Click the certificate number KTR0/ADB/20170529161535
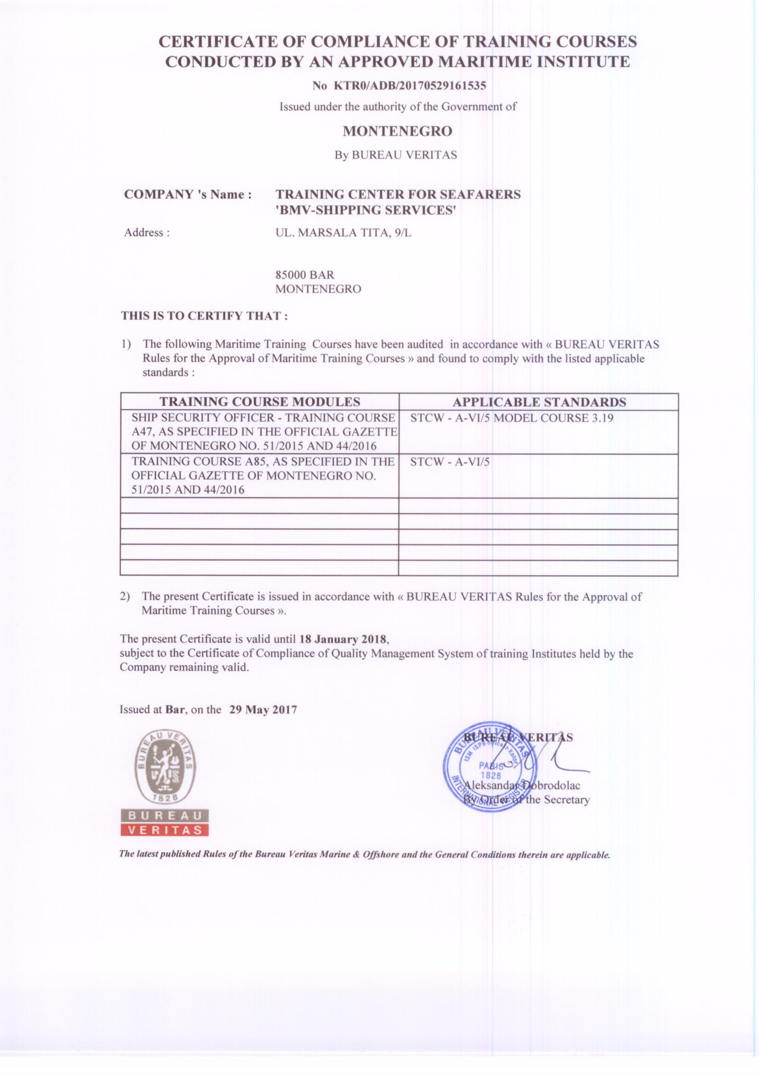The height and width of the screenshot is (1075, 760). (x=409, y=86)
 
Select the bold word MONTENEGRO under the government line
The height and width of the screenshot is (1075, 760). (x=397, y=131)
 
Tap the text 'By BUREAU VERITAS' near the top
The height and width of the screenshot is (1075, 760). (x=396, y=155)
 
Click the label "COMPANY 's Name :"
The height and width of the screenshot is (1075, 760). (x=188, y=194)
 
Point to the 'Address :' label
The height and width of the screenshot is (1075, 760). (x=147, y=233)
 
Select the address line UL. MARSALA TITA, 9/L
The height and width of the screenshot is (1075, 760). (x=343, y=233)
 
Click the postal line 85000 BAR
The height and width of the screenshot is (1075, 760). (x=304, y=274)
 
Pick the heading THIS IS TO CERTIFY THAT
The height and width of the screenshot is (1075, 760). (x=204, y=316)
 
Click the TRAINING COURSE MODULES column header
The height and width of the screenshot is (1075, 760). (x=260, y=402)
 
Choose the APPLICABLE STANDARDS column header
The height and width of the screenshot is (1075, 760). (x=538, y=402)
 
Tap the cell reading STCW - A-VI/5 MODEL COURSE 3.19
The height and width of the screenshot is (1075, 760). (x=511, y=417)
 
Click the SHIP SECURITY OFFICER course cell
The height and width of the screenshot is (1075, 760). (x=263, y=432)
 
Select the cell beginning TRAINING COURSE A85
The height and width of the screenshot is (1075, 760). (x=263, y=475)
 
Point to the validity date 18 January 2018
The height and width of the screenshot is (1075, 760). (x=343, y=639)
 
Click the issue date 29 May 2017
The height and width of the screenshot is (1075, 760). (x=263, y=709)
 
